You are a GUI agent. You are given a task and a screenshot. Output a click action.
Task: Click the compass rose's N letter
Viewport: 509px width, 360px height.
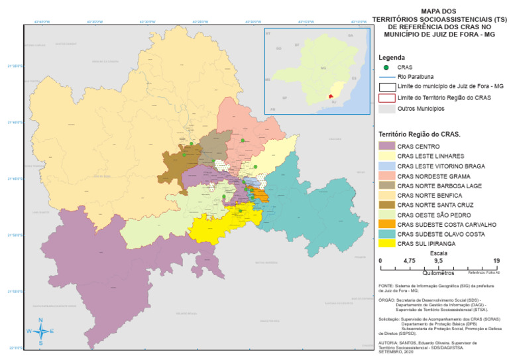click(x=40, y=321)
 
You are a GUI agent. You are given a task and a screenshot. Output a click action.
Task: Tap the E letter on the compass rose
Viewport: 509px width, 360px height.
click(x=52, y=331)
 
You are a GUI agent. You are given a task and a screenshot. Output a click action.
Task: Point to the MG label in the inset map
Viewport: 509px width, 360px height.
click(x=323, y=68)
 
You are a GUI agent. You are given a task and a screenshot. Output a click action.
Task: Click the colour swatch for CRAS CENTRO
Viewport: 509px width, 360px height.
click(x=386, y=146)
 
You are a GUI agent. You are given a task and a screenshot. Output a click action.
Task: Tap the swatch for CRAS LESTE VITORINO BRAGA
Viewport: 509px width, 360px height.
click(x=386, y=166)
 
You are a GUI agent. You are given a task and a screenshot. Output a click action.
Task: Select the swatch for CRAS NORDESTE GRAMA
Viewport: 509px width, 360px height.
click(x=386, y=176)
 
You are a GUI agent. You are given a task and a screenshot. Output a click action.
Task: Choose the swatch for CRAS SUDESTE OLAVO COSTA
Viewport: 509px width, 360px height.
click(x=386, y=234)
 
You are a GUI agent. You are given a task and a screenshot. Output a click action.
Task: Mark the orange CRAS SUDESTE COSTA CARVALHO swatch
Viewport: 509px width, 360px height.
click(x=386, y=224)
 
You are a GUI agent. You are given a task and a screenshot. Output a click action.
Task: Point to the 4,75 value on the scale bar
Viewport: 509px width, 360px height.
click(x=410, y=261)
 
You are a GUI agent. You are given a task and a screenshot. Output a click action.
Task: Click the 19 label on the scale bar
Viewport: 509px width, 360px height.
click(x=496, y=261)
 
